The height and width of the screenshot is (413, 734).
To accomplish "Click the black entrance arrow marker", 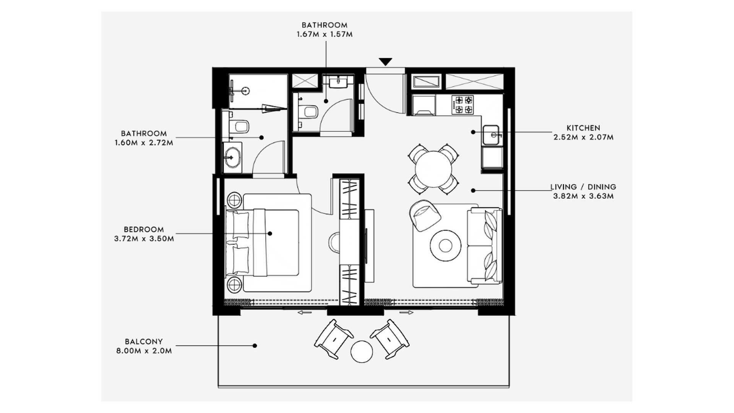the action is point(386,62).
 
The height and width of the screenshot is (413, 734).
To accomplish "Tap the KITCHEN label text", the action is point(583,128).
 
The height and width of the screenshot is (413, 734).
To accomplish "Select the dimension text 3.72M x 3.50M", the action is point(144,239).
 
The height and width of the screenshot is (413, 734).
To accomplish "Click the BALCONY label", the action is point(144,341).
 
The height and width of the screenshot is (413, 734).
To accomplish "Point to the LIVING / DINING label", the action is point(583,187).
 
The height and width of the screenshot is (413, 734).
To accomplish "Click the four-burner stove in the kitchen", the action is point(463,105).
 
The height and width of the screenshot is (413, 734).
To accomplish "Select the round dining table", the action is point(434,169).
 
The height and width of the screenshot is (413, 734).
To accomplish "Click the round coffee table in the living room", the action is point(445,245).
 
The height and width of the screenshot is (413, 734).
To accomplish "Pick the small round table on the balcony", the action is point(362,352).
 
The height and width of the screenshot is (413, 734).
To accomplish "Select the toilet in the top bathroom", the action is point(309,112).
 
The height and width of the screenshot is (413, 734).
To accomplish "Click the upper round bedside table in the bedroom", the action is point(234,200).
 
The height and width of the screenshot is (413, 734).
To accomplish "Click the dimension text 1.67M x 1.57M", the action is point(325,34).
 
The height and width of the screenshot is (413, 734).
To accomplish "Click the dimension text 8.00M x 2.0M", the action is point(144,351).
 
